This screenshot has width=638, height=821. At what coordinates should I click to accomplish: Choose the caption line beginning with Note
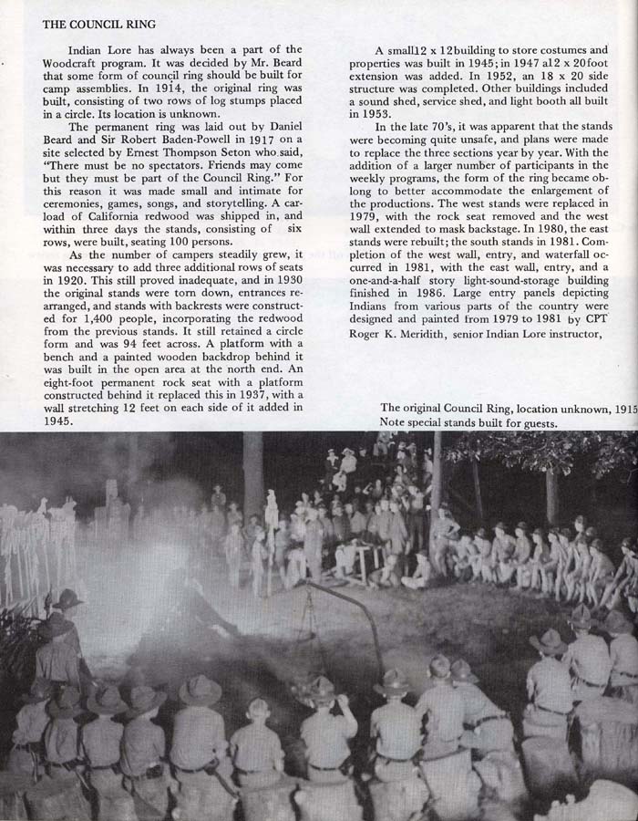coord(468,423)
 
